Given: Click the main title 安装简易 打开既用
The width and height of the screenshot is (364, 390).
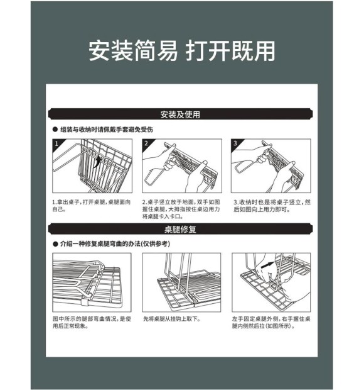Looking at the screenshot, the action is [x=181, y=51].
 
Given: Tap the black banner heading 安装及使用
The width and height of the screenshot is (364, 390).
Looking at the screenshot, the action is [x=180, y=114].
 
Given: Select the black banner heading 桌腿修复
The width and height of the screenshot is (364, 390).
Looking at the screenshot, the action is [x=180, y=229].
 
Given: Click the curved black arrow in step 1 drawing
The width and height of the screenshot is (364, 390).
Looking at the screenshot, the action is [x=97, y=161].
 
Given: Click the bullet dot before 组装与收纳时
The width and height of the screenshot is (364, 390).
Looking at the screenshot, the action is [x=55, y=130].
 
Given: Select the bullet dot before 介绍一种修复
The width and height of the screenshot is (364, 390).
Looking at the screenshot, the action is [x=55, y=244].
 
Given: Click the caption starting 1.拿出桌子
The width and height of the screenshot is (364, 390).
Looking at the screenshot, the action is [x=92, y=206].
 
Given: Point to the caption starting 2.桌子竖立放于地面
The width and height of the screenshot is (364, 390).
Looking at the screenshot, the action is [x=181, y=209].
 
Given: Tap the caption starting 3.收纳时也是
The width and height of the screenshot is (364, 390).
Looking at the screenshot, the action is [x=272, y=206].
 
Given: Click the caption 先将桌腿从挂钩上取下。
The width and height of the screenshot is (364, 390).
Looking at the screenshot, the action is [x=172, y=319].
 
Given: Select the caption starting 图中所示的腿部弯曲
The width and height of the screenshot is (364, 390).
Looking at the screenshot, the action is [x=92, y=322].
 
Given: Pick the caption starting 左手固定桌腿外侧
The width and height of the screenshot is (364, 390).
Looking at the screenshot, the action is [x=271, y=322].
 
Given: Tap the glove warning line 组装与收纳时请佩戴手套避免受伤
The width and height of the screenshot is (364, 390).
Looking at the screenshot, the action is [x=107, y=130].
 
